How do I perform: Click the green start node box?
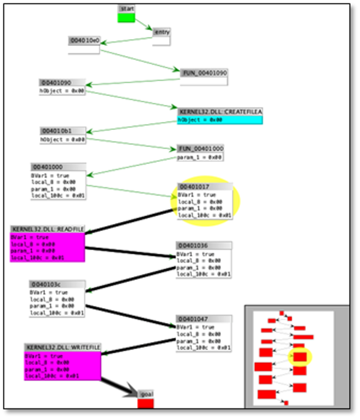point(127,18)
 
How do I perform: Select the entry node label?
point(161,32)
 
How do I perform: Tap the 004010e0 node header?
point(84,40)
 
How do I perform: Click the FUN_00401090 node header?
point(204,73)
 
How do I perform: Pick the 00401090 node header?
point(62,82)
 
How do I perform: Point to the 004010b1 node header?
point(62,130)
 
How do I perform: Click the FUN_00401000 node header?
point(200,148)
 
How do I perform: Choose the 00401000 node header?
point(58,167)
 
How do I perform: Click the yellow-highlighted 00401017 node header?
point(205,186)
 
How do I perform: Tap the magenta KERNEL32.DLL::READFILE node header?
point(48,229)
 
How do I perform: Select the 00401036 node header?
point(204,245)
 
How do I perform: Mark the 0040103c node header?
point(57,284)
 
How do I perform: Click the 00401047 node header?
point(203,319)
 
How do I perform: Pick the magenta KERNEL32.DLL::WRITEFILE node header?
point(62,348)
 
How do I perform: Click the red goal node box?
point(146,403)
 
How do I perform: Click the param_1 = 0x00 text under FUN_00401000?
point(200,157)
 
